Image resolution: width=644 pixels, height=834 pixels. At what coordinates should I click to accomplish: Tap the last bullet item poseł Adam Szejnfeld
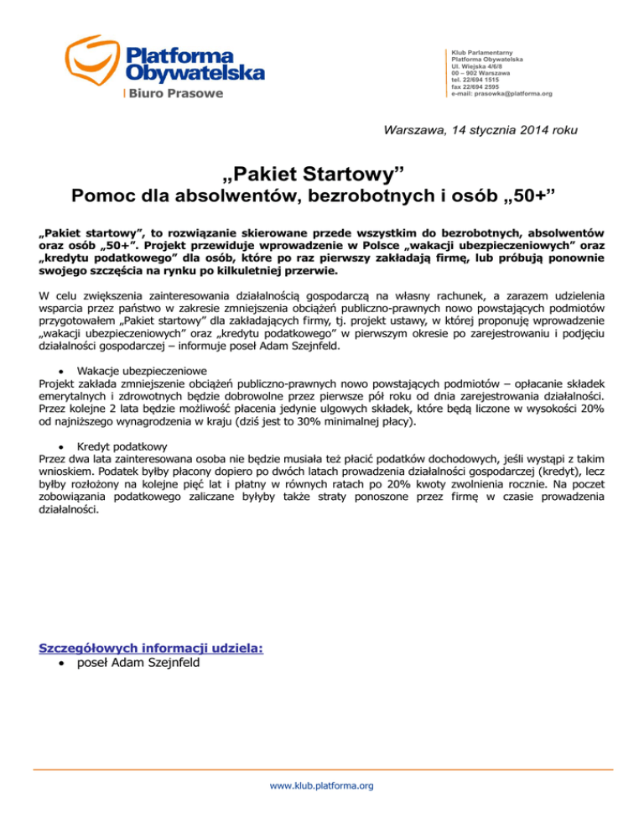pos(132,663)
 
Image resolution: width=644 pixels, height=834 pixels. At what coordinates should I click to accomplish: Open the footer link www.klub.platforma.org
pos(322,786)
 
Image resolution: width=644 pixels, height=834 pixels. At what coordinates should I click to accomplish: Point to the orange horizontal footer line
pos(322,769)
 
